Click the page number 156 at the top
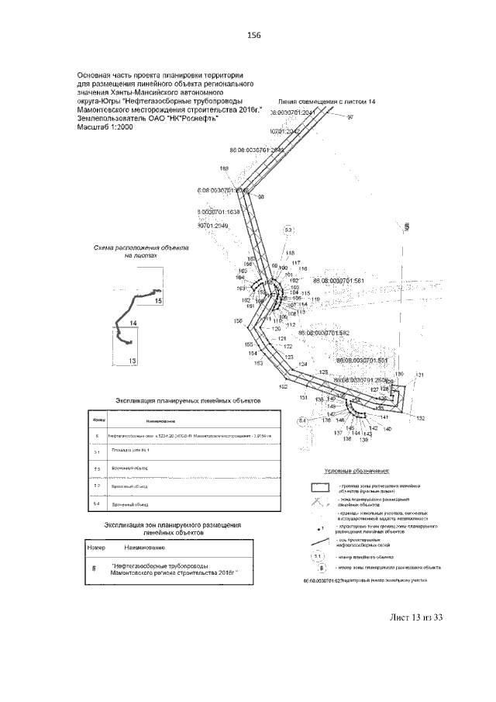pyautogui.click(x=252, y=35)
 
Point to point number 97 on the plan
pyautogui.click(x=350, y=117)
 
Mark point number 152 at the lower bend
pyautogui.click(x=284, y=386)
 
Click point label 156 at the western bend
pyautogui.click(x=237, y=321)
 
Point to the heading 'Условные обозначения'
pyautogui.click(x=356, y=471)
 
